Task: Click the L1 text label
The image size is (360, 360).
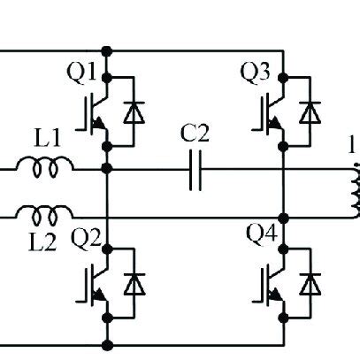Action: click(x=47, y=138)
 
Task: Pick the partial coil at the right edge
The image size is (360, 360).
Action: click(x=355, y=190)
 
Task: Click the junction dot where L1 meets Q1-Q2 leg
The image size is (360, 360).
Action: click(x=107, y=167)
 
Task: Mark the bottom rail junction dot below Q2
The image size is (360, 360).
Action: click(x=107, y=343)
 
